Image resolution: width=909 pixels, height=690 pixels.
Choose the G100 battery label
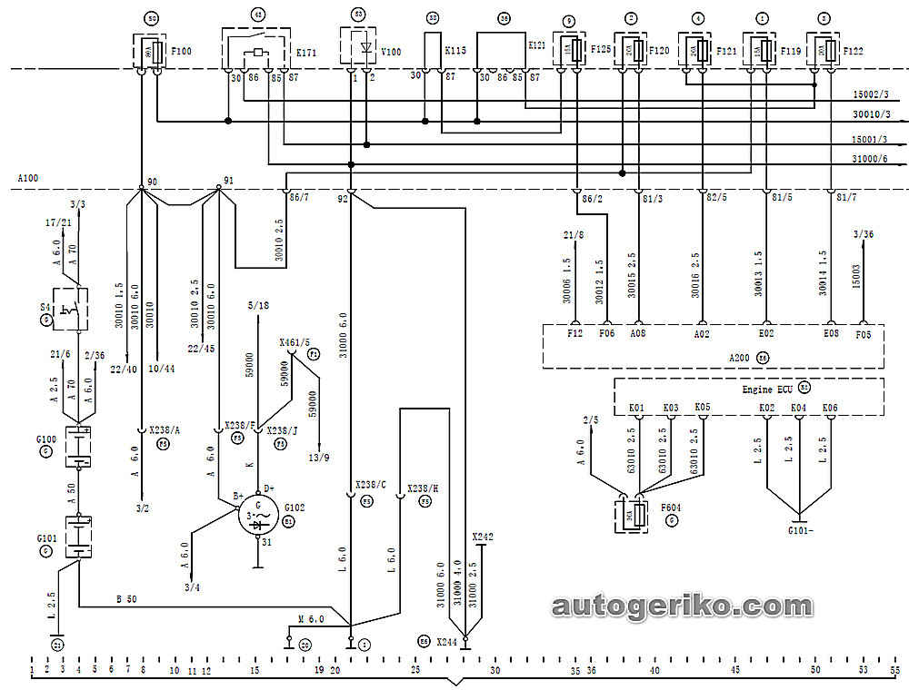[45, 439]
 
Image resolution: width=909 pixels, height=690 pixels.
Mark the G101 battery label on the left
[45, 537]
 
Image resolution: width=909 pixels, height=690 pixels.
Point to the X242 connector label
[483, 537]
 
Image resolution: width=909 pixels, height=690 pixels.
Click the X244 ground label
[446, 641]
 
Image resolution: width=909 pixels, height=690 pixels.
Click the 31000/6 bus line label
[870, 157]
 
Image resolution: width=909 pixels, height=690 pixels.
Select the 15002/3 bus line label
[870, 94]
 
